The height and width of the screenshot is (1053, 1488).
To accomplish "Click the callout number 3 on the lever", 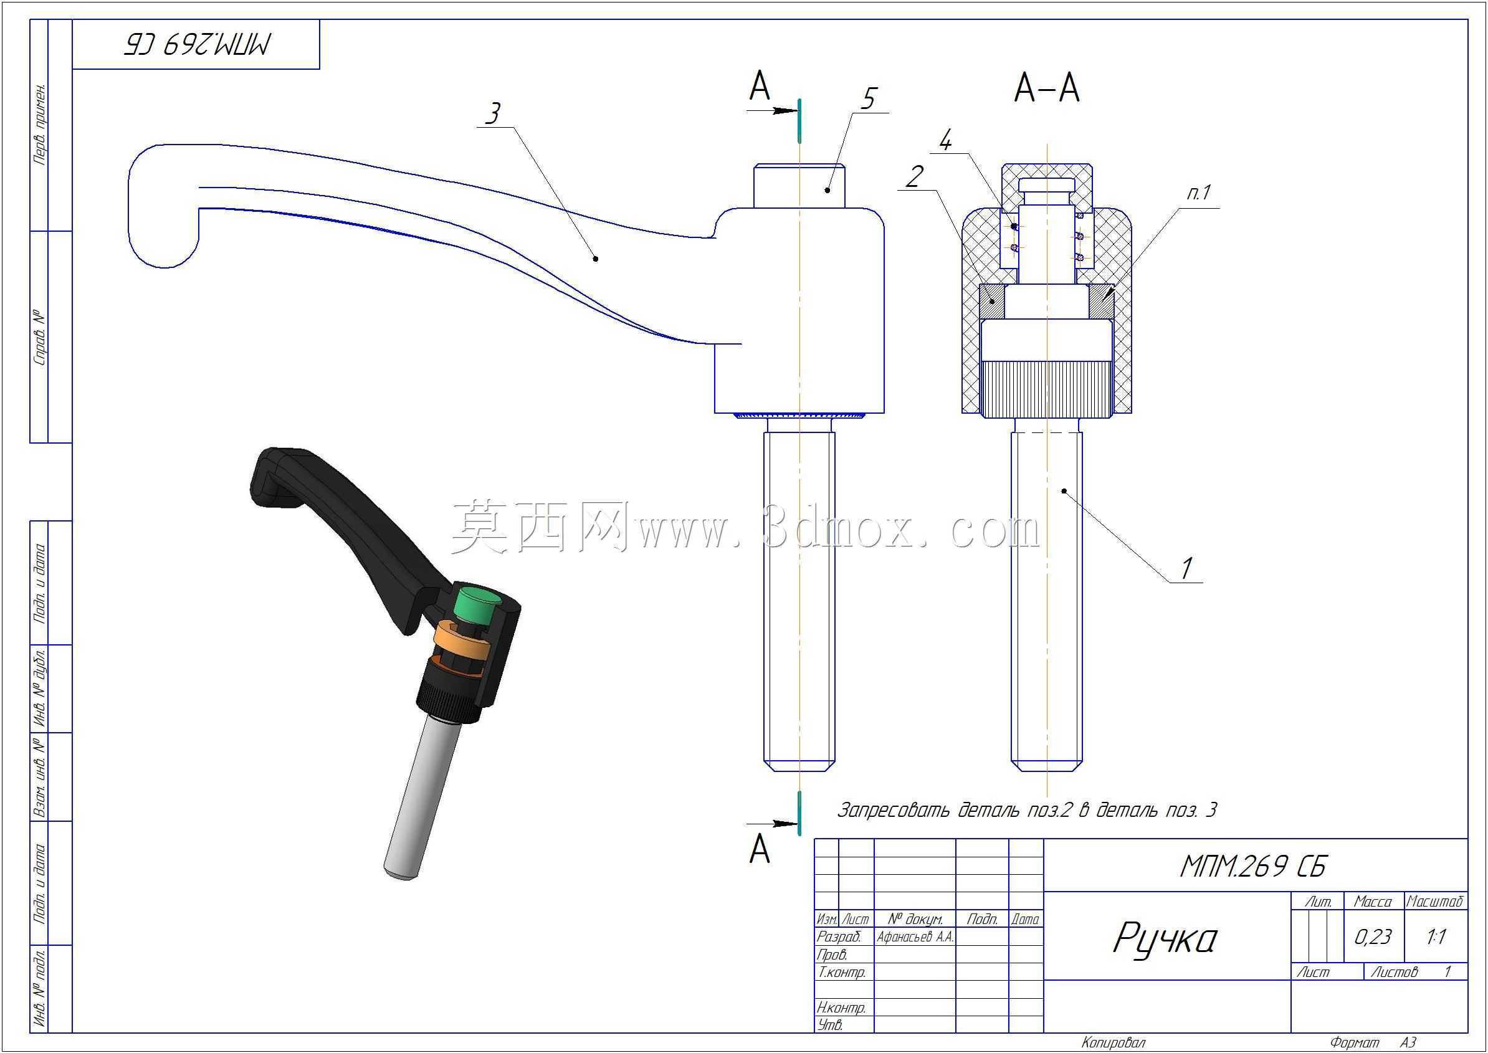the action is coord(493,113).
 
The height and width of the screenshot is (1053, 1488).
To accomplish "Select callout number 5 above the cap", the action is coord(868,98).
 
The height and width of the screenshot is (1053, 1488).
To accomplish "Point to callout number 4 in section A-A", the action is coord(946,140).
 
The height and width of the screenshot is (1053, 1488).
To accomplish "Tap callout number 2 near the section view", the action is coord(914,176).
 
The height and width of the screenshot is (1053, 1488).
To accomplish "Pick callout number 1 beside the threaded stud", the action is coord(1186,569).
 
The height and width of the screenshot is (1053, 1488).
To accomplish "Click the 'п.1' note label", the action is coord(1199,193).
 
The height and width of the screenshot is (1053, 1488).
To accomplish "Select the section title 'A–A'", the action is coord(1046,88).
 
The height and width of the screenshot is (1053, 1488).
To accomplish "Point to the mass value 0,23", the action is coord(1373,937).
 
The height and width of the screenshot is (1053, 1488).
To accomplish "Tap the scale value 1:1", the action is coord(1436,937).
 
